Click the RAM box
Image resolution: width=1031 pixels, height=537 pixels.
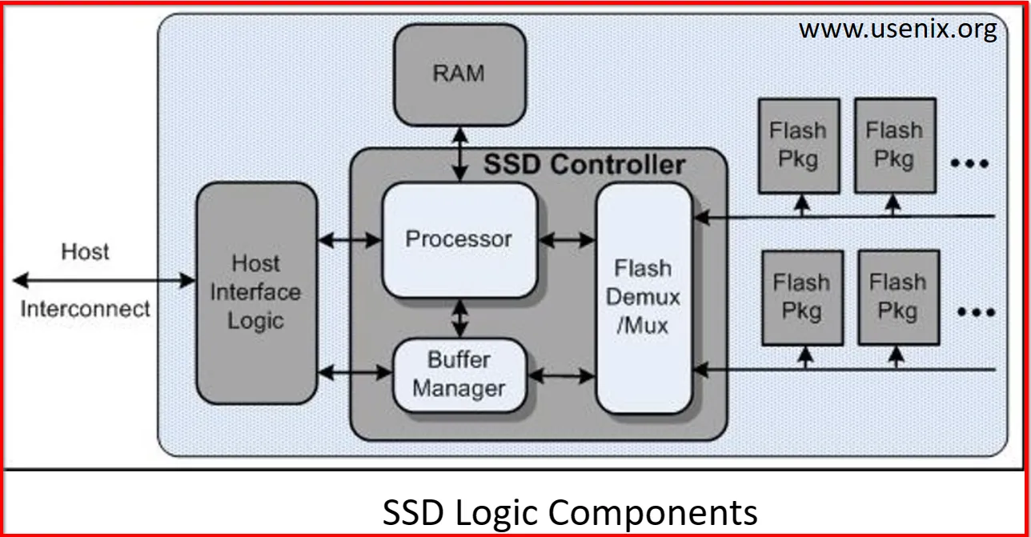459,74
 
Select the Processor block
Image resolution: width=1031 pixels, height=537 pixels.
459,239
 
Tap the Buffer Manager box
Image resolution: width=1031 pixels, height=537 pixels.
459,374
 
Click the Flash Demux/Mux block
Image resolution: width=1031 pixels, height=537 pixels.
644,297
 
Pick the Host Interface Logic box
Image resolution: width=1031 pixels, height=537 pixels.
256,292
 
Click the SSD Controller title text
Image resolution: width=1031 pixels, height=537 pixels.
584,165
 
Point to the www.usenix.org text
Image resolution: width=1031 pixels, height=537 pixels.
897,30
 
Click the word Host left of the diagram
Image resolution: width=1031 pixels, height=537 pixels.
86,251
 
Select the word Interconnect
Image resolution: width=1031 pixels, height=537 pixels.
86,309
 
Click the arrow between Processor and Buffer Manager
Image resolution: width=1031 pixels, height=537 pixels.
459,318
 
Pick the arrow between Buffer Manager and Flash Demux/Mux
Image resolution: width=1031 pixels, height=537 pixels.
563,374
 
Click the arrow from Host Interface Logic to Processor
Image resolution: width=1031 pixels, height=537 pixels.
350,238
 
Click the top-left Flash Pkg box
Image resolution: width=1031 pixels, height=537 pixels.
799,145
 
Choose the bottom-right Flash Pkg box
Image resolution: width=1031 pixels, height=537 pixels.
898,297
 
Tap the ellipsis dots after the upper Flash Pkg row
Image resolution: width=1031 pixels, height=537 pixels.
970,163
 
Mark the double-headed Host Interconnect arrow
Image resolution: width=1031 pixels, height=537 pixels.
104,280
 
